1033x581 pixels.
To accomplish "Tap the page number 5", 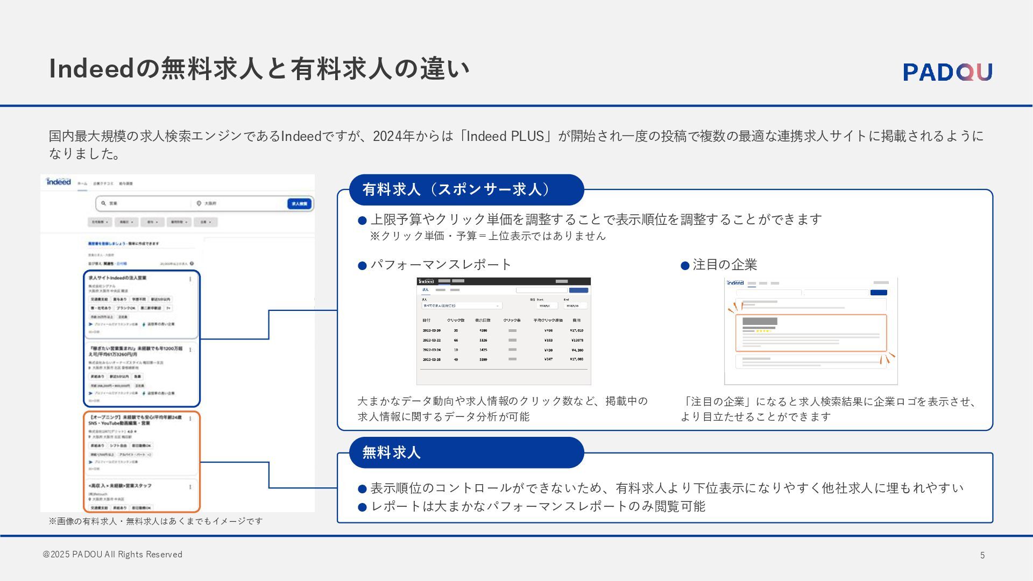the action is pyautogui.click(x=982, y=555).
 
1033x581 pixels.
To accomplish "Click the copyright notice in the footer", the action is pyautogui.click(x=112, y=555).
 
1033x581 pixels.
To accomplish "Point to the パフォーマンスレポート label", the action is pyautogui.click(x=441, y=265).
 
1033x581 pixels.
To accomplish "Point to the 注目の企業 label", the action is pyautogui.click(x=724, y=265).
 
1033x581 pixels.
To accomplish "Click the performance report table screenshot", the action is pyautogui.click(x=504, y=331).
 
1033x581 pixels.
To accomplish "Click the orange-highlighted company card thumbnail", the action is pyautogui.click(x=811, y=332).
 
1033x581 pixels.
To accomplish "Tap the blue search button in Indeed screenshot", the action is pyautogui.click(x=299, y=204).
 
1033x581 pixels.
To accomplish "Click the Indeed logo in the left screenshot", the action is pyautogui.click(x=59, y=182).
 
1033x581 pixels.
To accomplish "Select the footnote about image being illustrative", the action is pyautogui.click(x=155, y=521).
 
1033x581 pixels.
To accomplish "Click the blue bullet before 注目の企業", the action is pyautogui.click(x=685, y=266).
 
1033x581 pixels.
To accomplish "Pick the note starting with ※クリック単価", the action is pyautogui.click(x=487, y=236).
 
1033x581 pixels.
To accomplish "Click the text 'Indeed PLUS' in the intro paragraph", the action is pyautogui.click(x=505, y=136).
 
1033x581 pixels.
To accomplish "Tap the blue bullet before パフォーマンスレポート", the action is pyautogui.click(x=362, y=266).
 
